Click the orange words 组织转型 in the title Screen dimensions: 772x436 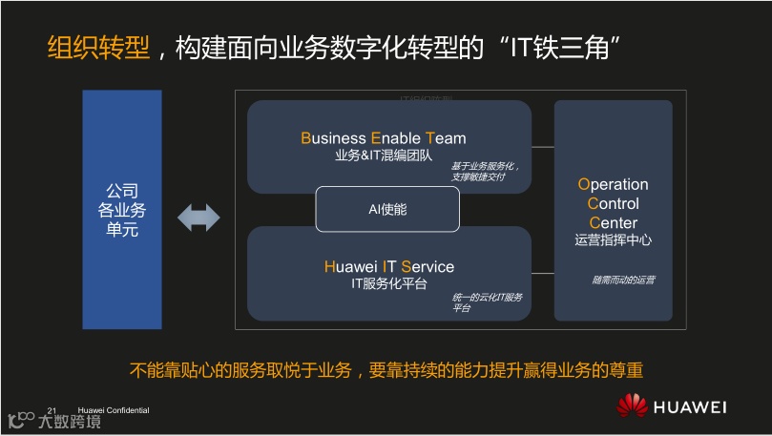pos(98,49)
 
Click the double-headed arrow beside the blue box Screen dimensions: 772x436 pos(198,218)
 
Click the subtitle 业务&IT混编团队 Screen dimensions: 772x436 pos(384,156)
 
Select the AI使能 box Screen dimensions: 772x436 pos(387,209)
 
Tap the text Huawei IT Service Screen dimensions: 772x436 pos(388,267)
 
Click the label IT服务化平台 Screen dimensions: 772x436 pos(388,284)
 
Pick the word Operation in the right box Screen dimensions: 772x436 pos(613,185)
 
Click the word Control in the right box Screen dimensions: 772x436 pos(613,204)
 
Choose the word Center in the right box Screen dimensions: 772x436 pos(613,223)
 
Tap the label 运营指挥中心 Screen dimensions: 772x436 pos(613,241)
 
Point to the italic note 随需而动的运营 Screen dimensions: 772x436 pos(623,280)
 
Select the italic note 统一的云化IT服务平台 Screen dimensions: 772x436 pos(487,303)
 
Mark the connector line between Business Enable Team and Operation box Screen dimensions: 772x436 pos(542,147)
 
